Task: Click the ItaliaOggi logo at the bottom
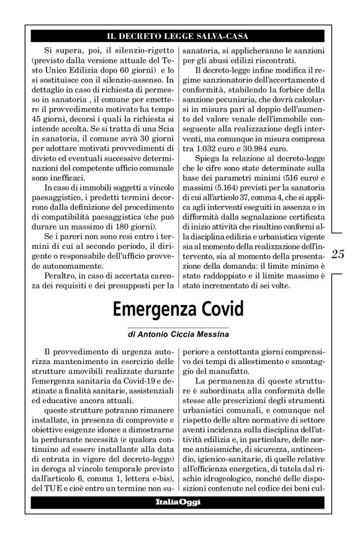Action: point(178,502)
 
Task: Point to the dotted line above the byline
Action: point(178,327)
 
